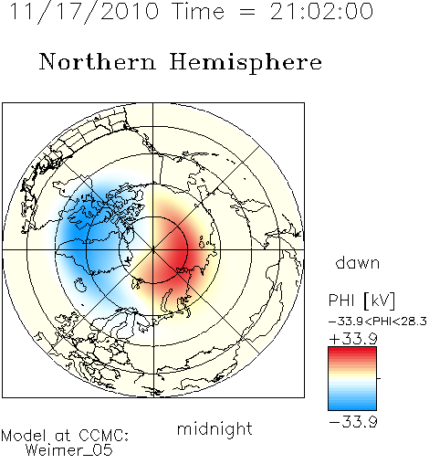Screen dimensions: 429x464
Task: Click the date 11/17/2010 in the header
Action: point(84,12)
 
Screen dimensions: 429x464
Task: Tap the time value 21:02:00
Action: point(321,11)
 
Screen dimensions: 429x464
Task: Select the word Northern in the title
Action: point(98,61)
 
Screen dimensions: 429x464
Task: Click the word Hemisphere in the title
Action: point(246,63)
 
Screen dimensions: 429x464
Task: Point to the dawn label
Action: point(358,262)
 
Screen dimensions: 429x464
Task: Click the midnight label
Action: point(214,428)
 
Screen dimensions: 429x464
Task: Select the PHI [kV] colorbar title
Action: point(362,301)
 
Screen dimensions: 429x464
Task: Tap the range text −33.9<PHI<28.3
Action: point(378,322)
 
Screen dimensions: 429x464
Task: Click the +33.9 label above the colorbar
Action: point(353,339)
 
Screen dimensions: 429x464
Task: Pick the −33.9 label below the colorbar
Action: point(353,422)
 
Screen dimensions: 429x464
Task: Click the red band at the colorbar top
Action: point(352,352)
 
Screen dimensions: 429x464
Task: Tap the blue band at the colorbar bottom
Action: point(352,405)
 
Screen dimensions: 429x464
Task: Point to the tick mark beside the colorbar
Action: point(379,378)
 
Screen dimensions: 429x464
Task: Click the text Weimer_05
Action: point(69,450)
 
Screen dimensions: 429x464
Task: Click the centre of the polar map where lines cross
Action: point(153,250)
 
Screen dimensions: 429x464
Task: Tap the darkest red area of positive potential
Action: point(180,254)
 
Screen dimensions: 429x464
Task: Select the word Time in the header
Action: point(198,11)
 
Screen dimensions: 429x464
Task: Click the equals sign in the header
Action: point(247,13)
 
